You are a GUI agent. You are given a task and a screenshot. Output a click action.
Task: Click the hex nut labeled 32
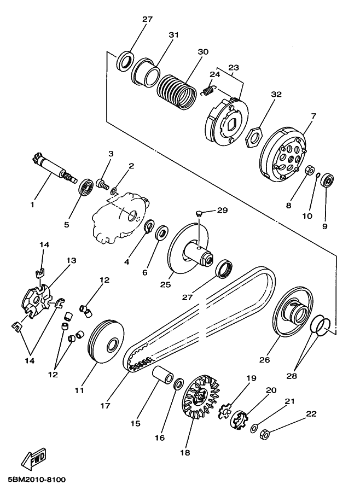tap(253, 137)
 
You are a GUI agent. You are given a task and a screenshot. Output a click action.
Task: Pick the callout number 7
tap(313, 116)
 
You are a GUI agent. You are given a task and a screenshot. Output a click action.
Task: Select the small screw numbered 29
tap(199, 213)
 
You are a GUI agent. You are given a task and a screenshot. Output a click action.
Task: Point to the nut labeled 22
tap(264, 434)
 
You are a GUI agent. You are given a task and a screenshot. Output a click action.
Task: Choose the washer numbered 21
tap(254, 429)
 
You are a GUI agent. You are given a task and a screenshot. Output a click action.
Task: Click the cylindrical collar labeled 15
tap(163, 374)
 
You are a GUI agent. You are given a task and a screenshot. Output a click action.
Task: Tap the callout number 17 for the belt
tap(105, 405)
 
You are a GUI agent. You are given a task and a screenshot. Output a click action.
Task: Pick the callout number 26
tap(264, 360)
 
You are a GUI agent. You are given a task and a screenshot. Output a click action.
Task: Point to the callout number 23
tap(234, 67)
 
